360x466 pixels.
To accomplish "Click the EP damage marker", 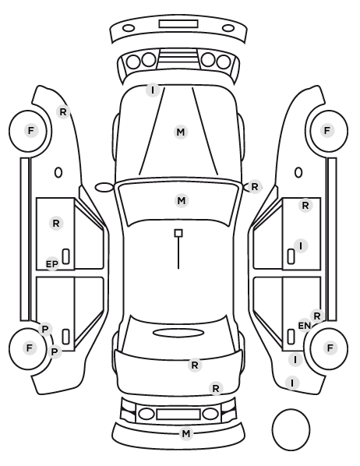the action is point(52,264).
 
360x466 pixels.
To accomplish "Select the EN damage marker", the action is point(305,326).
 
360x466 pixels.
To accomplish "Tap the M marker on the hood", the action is point(181,132).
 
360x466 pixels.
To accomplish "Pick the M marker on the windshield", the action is point(182,200).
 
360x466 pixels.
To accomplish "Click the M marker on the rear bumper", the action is point(186,433).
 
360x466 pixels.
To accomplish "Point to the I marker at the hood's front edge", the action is point(153,90).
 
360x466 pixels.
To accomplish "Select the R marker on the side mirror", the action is point(255,187).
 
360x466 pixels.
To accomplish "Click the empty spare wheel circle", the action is point(291,429).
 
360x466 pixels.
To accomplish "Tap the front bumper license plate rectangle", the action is point(178,24).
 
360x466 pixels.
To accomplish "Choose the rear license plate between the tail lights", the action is point(178,414).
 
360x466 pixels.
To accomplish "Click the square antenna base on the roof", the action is point(178,233).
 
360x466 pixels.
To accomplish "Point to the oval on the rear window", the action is point(178,333).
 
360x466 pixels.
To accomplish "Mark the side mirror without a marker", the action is point(104,187).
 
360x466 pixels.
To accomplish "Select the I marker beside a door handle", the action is point(301,246).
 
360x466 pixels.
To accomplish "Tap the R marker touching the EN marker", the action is point(317,316).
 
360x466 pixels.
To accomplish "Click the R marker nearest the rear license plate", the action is point(216,388).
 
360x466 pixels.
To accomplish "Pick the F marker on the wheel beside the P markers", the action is point(29,348).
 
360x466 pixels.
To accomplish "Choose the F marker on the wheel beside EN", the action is point(330,348).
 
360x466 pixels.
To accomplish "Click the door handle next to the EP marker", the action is point(66,256).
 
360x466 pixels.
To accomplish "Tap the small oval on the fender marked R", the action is point(58,173).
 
